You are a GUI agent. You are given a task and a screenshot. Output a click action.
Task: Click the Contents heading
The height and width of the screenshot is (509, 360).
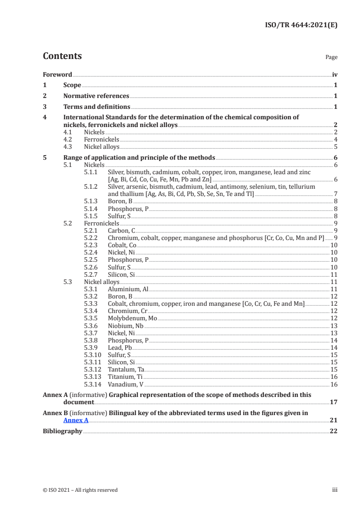(62, 56)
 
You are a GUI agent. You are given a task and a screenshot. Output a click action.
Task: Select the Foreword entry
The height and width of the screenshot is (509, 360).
(57, 74)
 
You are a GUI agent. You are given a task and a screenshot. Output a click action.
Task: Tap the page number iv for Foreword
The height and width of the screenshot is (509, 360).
(335, 74)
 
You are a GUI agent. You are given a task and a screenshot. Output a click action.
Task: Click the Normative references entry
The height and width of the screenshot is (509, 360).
(96, 96)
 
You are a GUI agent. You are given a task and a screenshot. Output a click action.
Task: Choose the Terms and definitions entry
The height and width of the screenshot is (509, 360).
(97, 107)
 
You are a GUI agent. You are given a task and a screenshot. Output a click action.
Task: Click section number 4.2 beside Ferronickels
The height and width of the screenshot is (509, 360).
(67, 139)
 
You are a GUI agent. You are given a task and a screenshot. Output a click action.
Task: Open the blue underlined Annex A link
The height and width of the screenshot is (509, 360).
(76, 420)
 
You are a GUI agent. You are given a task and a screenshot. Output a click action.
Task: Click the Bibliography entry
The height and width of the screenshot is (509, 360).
(62, 431)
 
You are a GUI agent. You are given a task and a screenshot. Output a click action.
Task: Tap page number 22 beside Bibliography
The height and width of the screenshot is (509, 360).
(334, 431)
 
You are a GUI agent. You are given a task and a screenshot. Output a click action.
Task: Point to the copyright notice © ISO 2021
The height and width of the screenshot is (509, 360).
(80, 490)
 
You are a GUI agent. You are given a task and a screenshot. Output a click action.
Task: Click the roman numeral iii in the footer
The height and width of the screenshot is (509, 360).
(335, 490)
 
